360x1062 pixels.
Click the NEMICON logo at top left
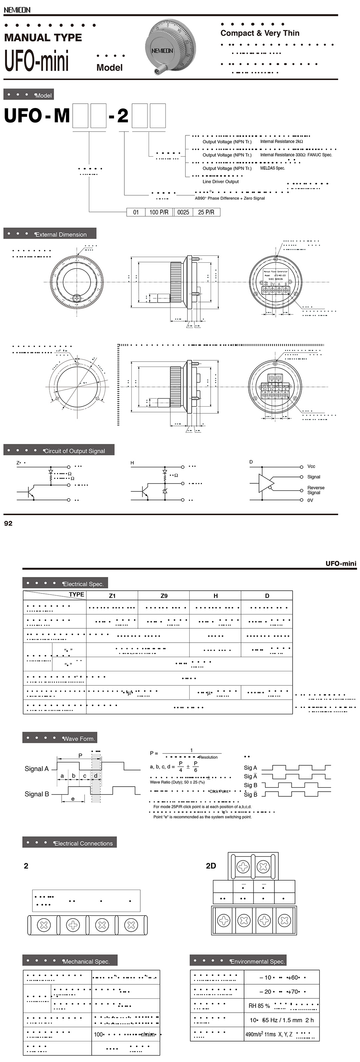pyautogui.click(x=17, y=9)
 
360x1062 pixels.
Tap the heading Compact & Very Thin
pyautogui.click(x=260, y=33)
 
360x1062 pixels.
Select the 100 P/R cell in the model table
pyautogui.click(x=159, y=212)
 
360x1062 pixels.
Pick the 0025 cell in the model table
pyautogui.click(x=183, y=212)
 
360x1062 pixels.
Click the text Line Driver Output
pyautogui.click(x=220, y=181)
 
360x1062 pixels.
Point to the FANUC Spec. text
pyautogui.click(x=320, y=155)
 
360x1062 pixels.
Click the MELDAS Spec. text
pyautogui.click(x=272, y=168)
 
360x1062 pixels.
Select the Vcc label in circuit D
pyautogui.click(x=311, y=466)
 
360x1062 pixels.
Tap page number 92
pyautogui.click(x=8, y=524)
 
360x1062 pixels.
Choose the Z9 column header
pyautogui.click(x=164, y=596)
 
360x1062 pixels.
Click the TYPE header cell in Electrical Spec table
pyautogui.click(x=76, y=594)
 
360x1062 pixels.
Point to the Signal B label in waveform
pyautogui.click(x=37, y=794)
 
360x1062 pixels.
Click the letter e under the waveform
pyautogui.click(x=73, y=799)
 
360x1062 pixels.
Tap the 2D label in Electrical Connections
pyautogui.click(x=211, y=866)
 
